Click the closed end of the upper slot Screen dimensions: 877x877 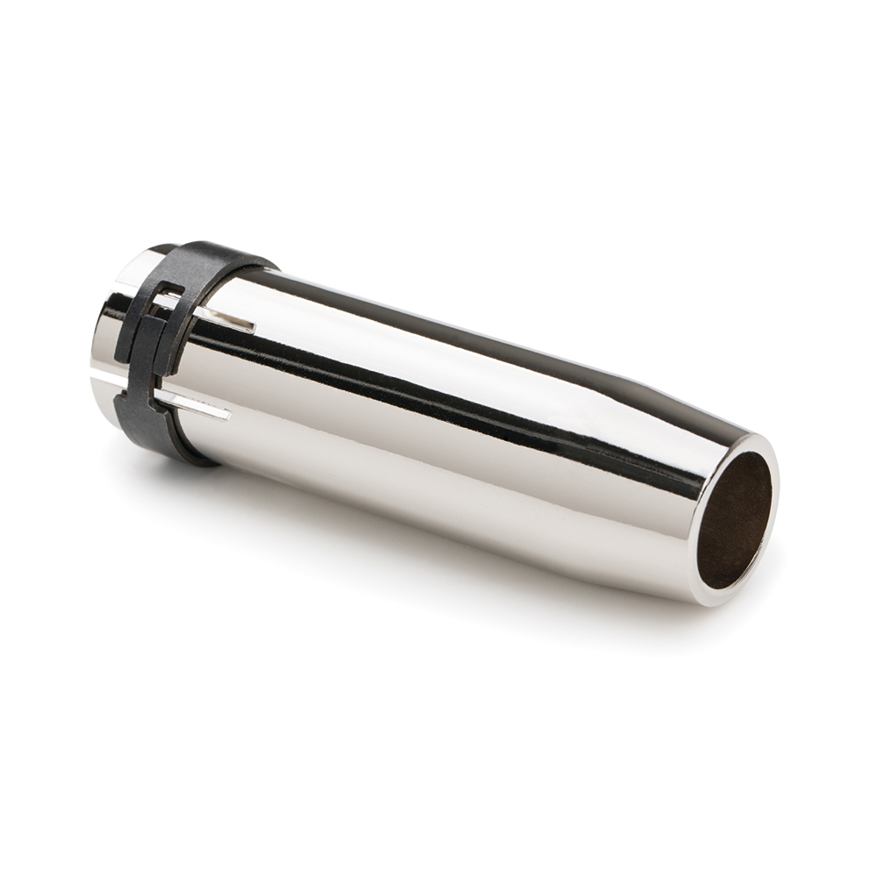[253, 328]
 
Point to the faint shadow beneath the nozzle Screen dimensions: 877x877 [438, 561]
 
